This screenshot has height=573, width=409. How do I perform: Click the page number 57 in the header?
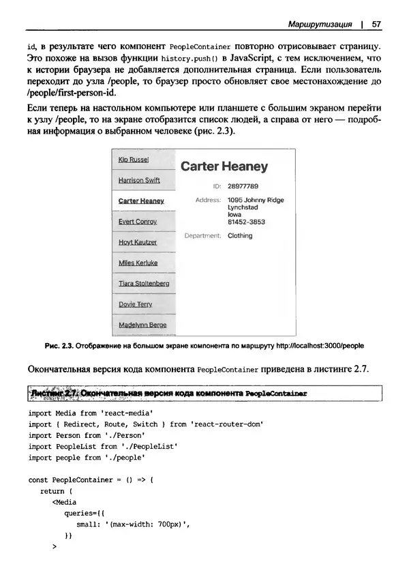coord(376,24)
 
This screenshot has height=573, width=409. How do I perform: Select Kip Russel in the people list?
coord(134,160)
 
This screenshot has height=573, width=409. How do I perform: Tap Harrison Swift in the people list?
coord(139,181)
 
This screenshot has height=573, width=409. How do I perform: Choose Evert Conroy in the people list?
coord(137,222)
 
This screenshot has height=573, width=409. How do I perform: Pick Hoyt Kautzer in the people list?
coord(137,242)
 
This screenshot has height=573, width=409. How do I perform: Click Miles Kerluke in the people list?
coord(138,263)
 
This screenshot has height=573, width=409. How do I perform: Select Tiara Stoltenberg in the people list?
coord(144,284)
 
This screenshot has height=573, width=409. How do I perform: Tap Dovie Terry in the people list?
coord(135,304)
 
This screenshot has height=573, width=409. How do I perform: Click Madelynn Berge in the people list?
coord(142,325)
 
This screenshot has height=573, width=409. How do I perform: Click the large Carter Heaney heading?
coord(224,166)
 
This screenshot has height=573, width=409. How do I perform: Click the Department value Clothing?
coord(239,236)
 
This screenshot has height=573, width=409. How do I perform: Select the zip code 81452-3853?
coord(246,222)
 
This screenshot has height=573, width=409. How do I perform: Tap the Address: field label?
coord(209,200)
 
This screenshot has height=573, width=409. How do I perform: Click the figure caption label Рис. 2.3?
coord(59,347)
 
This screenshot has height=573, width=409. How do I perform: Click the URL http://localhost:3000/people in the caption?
coord(320,347)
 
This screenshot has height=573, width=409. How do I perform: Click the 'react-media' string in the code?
coord(127,413)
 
